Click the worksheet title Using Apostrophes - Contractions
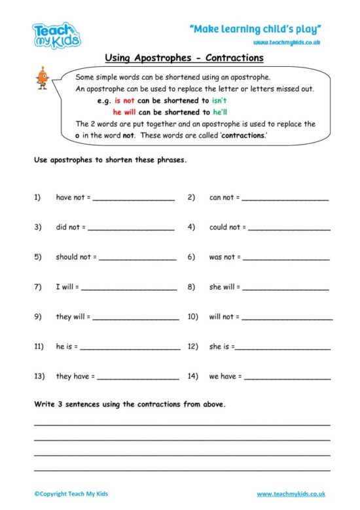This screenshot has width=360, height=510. pyautogui.click(x=184, y=58)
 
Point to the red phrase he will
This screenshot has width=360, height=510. pyautogui.click(x=125, y=112)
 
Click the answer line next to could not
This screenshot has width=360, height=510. pyautogui.click(x=289, y=228)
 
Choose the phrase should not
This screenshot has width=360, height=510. pyautogui.click(x=73, y=257)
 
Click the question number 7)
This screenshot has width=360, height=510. pyautogui.click(x=38, y=287)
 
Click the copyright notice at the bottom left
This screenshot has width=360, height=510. pyautogui.click(x=67, y=494)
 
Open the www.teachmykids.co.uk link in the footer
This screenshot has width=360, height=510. pyautogui.click(x=291, y=494)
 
